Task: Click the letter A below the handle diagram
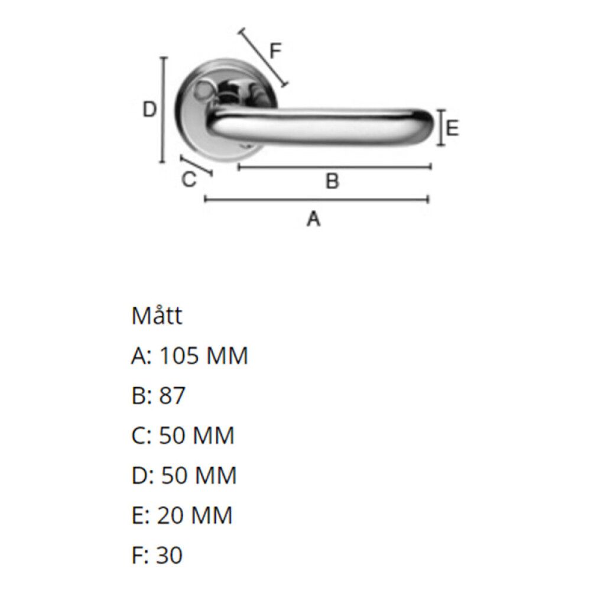click(x=314, y=219)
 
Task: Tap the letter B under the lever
click(x=332, y=180)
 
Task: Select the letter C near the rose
click(x=189, y=179)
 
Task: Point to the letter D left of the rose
click(x=150, y=110)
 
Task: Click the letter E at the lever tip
click(x=452, y=128)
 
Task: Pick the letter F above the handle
click(x=275, y=51)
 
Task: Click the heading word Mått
click(x=157, y=315)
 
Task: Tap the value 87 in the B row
click(x=172, y=395)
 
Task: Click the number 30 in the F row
click(x=170, y=555)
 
